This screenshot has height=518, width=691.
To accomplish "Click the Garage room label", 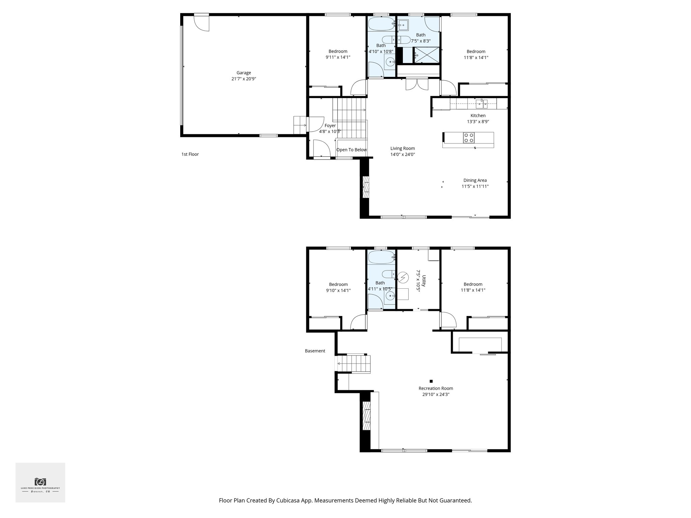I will coord(244,73).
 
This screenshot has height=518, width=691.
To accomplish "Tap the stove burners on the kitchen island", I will coord(469,138).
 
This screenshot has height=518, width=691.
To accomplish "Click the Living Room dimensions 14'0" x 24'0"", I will coord(403,154).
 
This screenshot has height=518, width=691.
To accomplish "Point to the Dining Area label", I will coord(475,180).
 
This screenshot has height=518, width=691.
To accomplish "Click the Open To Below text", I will coord(351,150).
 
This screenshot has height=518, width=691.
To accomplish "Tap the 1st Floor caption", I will coord(190,154).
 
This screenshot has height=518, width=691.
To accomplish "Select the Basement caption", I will coord(315,351).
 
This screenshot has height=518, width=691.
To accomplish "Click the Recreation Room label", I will coord(436,388).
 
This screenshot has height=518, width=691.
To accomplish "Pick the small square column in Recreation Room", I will coord(431,381).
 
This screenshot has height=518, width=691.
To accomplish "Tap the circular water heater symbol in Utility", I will coord(403,277).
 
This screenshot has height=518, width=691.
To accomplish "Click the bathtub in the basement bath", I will coord(381,258).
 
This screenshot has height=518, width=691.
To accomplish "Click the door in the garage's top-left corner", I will coord(202,23).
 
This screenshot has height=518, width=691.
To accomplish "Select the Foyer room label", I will coord(330,126).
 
